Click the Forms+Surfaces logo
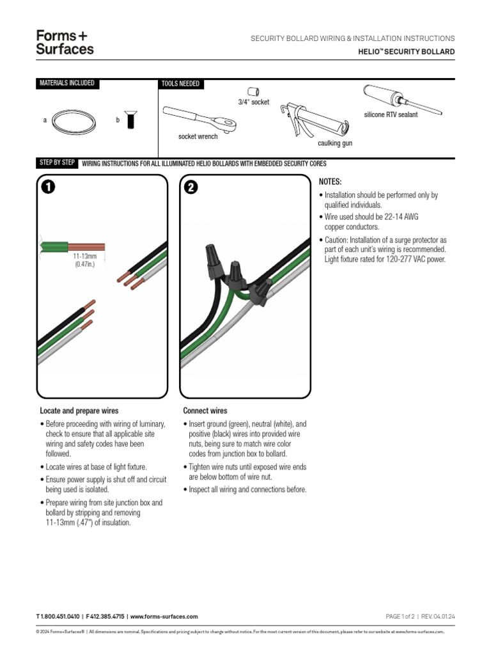(65, 42)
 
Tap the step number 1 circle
(48, 187)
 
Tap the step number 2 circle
(191, 187)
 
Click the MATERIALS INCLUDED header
(67, 84)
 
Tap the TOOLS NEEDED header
(181, 84)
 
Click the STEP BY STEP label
(58, 163)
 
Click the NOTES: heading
(329, 182)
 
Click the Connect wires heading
(205, 411)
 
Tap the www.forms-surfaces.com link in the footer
(164, 616)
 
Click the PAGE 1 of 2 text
(400, 616)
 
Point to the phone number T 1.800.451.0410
(58, 616)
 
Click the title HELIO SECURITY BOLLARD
(406, 51)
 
